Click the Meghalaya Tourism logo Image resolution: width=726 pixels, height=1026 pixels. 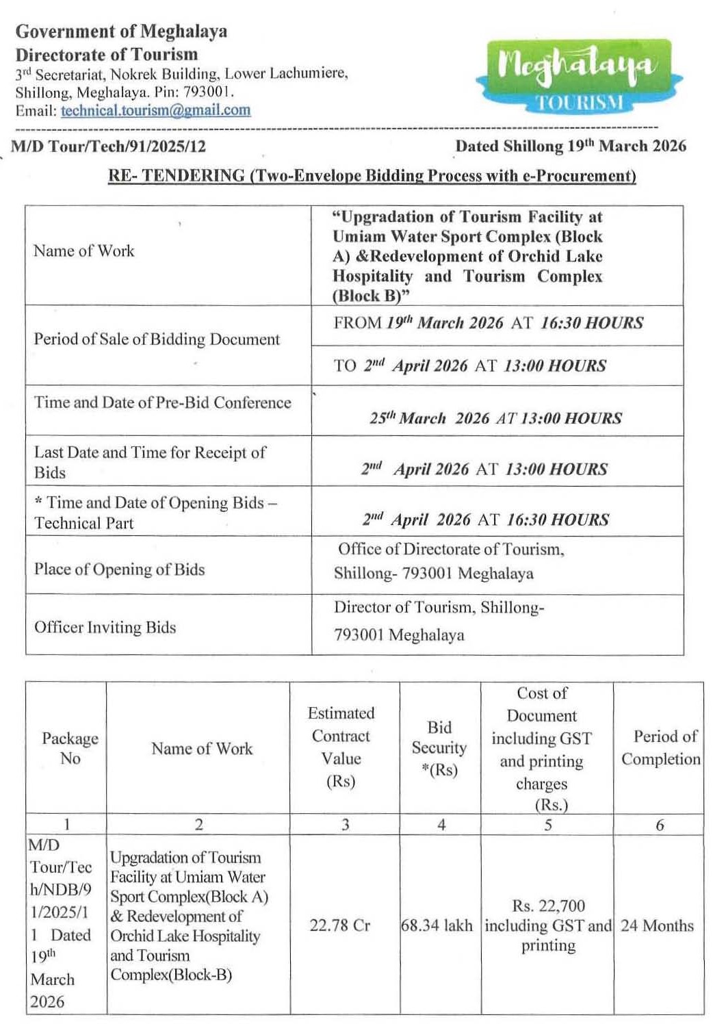click(579, 75)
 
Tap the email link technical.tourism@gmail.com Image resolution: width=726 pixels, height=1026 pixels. click(155, 110)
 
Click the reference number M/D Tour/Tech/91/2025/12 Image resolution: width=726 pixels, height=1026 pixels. click(108, 146)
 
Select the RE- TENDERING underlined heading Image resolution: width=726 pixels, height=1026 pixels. click(372, 176)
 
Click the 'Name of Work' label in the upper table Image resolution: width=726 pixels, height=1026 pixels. click(84, 251)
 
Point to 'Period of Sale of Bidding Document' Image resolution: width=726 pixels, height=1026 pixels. click(157, 339)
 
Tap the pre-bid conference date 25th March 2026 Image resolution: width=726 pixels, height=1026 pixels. click(496, 418)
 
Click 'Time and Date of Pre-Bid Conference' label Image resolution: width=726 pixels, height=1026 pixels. click(162, 402)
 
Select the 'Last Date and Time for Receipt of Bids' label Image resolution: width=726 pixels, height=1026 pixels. click(150, 462)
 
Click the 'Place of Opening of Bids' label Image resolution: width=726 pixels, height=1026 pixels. click(119, 569)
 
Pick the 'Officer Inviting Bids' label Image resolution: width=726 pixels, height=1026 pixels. click(105, 628)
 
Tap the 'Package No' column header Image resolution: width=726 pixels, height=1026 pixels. click(69, 748)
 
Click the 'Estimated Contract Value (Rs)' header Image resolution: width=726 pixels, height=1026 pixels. click(341, 747)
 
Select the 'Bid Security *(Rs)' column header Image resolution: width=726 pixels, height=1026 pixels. click(439, 748)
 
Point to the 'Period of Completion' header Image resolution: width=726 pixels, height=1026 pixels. click(660, 747)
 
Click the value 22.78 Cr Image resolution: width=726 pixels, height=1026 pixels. click(339, 925)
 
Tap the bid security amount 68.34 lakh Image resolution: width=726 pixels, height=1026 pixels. click(437, 925)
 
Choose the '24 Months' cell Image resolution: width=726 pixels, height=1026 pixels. click(657, 925)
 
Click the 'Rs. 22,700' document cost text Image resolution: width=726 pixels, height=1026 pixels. click(548, 906)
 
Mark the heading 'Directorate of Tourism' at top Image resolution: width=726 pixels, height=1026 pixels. click(107, 55)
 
